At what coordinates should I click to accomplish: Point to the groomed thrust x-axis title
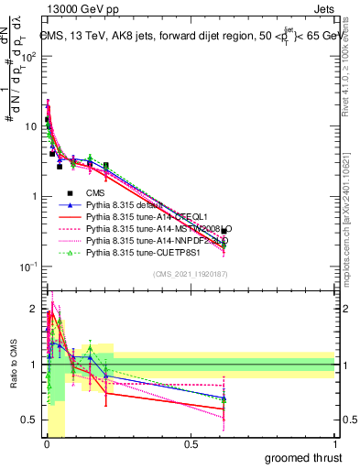[x=304, y=457]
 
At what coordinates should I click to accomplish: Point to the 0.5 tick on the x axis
[x=191, y=444]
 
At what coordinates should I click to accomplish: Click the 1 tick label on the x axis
[x=334, y=444]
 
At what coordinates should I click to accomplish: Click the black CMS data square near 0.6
[x=224, y=232]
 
